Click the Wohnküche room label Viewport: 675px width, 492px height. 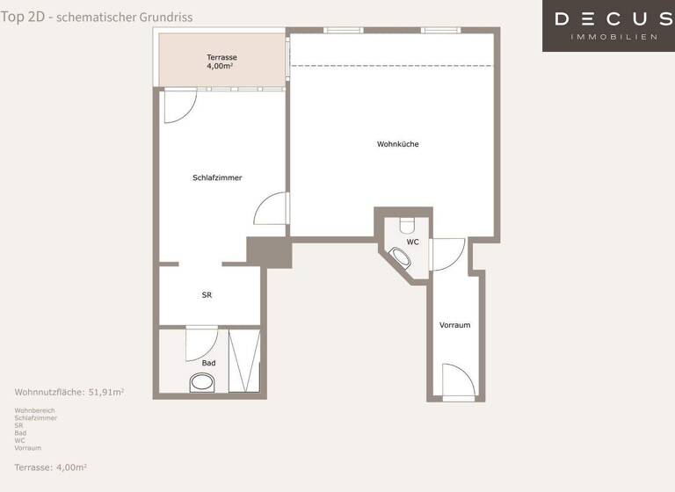click(x=397, y=144)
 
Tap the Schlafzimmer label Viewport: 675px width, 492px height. click(x=217, y=177)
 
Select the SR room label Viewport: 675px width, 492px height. click(x=207, y=295)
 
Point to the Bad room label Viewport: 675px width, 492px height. click(x=208, y=363)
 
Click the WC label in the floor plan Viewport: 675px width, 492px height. click(x=412, y=242)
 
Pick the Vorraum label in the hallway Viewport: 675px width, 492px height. click(x=454, y=325)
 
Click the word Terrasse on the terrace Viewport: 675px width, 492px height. click(x=221, y=57)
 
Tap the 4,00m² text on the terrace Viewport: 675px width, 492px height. click(x=221, y=66)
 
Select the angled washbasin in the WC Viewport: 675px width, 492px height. click(x=401, y=258)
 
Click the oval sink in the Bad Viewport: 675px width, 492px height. click(x=203, y=383)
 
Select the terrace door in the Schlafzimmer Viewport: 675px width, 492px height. click(x=179, y=105)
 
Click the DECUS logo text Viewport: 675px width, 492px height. click(x=613, y=18)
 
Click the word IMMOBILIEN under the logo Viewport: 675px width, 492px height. click(x=613, y=37)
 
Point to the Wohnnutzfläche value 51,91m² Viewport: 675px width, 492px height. click(x=106, y=392)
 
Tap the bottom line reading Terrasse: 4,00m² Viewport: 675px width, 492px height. click(x=51, y=467)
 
